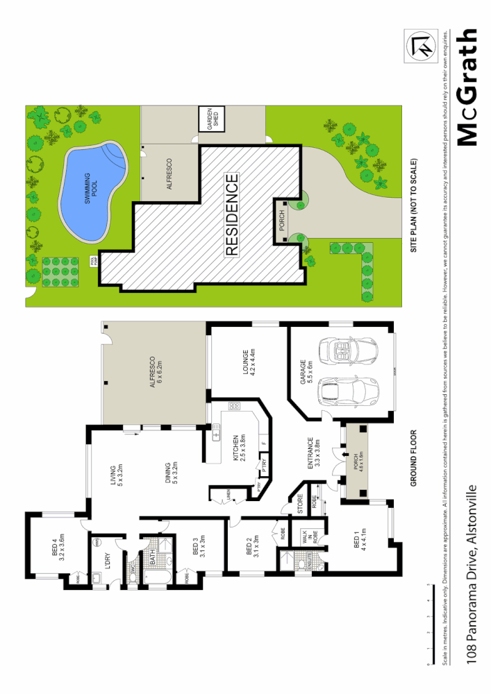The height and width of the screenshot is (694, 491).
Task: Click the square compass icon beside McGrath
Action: coord(422,46)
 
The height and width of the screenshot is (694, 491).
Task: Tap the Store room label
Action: coord(301,502)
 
